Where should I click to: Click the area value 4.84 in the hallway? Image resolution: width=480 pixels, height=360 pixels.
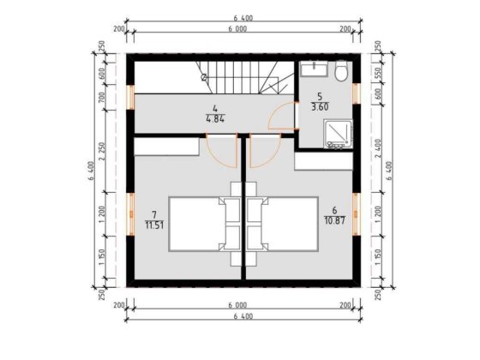215,118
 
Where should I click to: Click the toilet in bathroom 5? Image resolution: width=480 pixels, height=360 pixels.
341,72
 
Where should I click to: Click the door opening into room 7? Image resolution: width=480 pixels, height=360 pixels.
225,152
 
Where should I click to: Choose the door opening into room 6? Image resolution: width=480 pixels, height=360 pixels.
261,152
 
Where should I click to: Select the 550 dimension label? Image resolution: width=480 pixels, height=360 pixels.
378,75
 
